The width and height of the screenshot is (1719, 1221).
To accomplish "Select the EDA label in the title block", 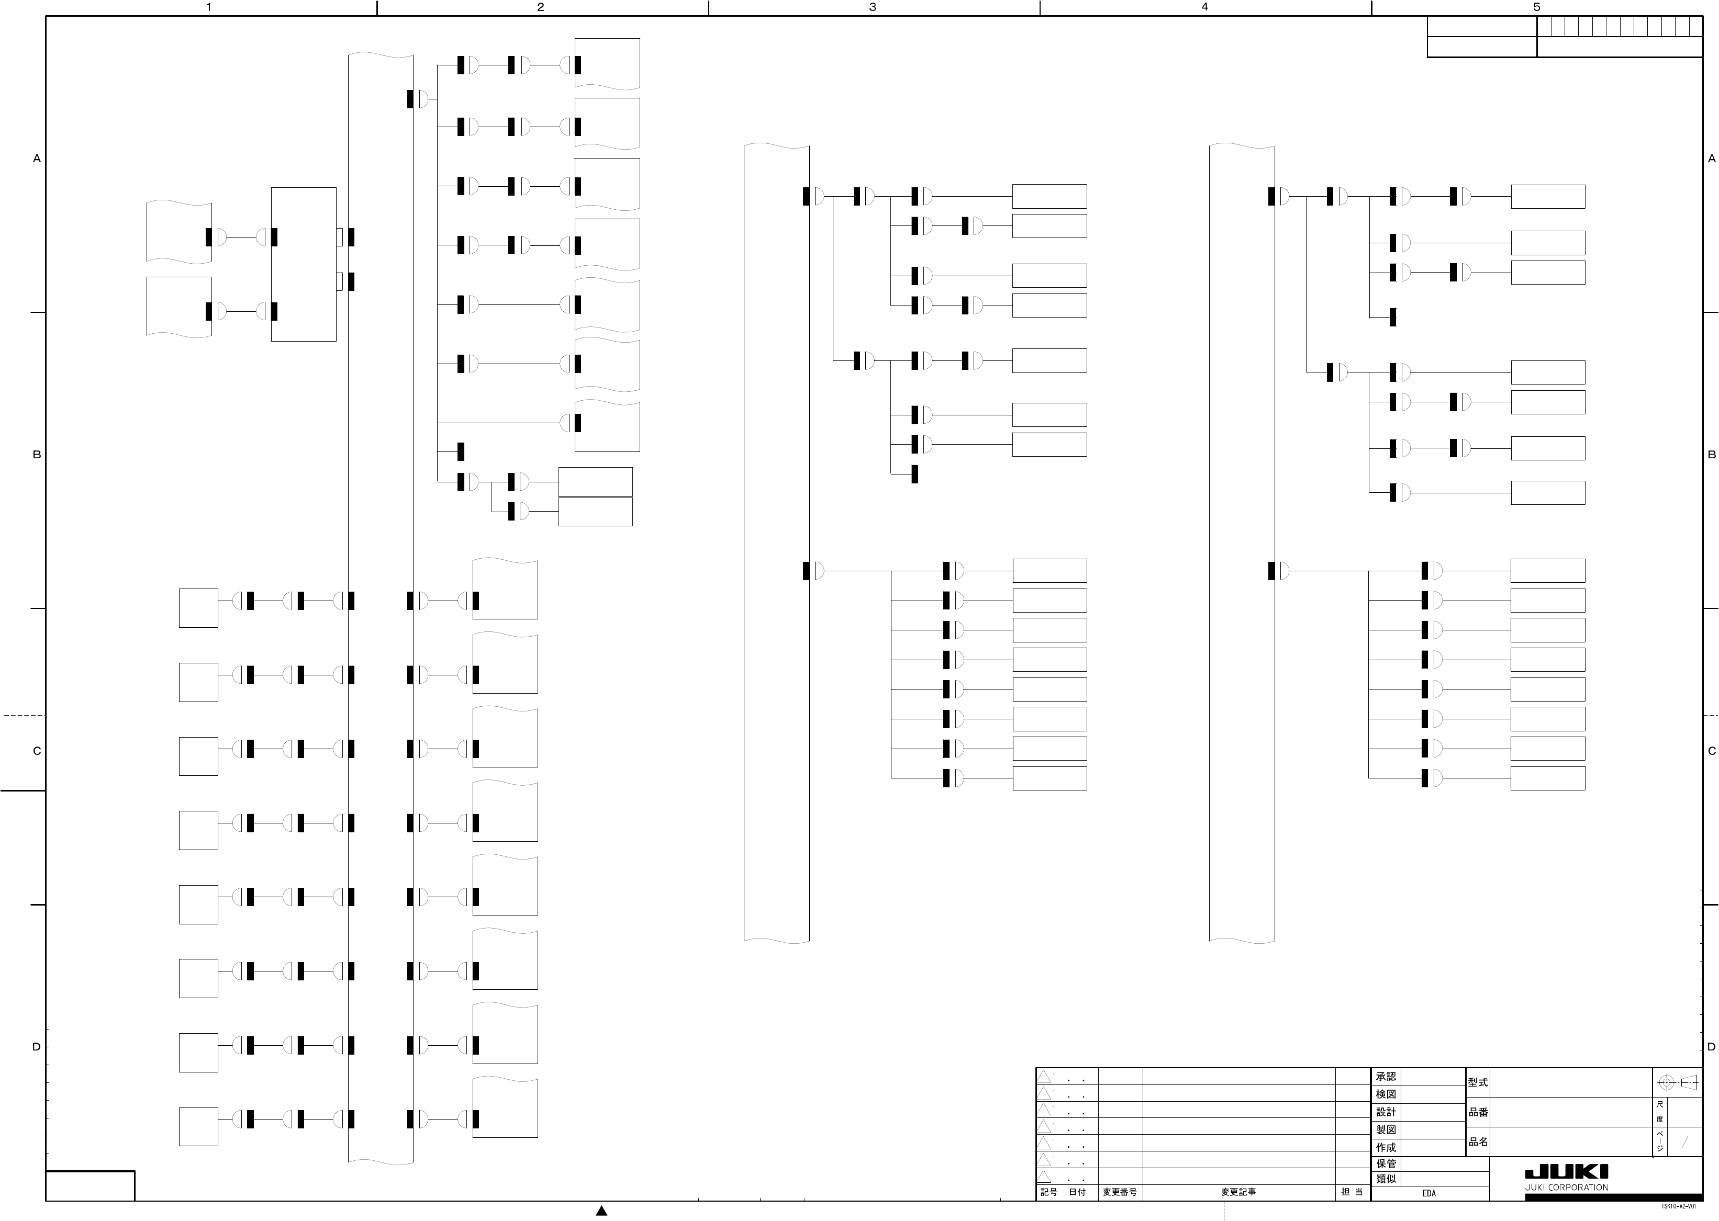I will [1428, 1193].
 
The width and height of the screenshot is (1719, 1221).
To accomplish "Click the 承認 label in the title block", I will [1386, 1077].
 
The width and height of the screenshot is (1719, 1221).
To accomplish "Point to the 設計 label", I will [1386, 1112].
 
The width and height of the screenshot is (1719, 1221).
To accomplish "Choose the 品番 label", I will [1478, 1112].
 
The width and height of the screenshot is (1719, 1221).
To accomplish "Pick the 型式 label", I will [1478, 1083].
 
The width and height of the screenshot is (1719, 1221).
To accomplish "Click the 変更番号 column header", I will [1120, 1192].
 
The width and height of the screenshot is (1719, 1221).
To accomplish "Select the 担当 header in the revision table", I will [1352, 1192].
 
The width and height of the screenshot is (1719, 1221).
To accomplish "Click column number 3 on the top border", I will [873, 7].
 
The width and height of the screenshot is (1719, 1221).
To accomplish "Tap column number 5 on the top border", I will [1536, 7].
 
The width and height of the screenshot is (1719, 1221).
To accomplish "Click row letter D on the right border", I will [1712, 1047].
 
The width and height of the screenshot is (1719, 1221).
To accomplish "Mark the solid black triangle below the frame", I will [601, 1211].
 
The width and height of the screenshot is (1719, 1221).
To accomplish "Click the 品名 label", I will [1478, 1141].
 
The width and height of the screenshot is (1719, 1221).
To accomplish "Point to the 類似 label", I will [1386, 1179].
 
